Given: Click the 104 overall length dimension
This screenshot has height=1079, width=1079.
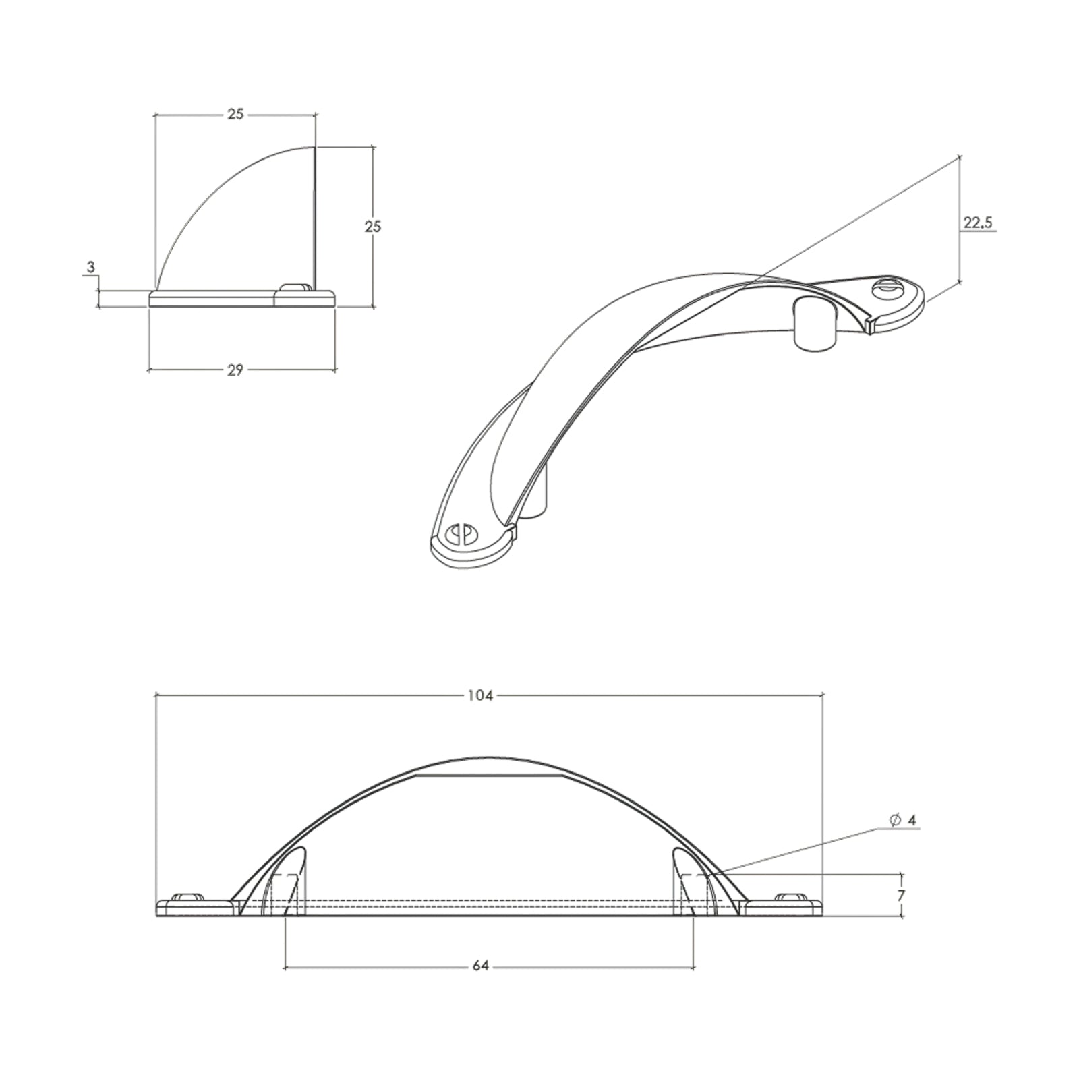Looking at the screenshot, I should [479, 695].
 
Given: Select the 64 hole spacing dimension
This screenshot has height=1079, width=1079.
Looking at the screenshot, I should [479, 966].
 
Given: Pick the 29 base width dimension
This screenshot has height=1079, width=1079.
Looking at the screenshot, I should [235, 370].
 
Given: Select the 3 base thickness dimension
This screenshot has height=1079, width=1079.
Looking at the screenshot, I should [91, 267].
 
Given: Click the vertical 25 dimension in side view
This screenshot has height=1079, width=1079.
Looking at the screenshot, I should [372, 226].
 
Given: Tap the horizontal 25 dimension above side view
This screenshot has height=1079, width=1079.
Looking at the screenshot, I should [235, 114].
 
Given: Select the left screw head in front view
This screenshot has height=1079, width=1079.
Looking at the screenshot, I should [187, 897].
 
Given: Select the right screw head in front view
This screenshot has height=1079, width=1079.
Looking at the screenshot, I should [791, 897].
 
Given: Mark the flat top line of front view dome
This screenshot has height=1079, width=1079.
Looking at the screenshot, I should [489, 776].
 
